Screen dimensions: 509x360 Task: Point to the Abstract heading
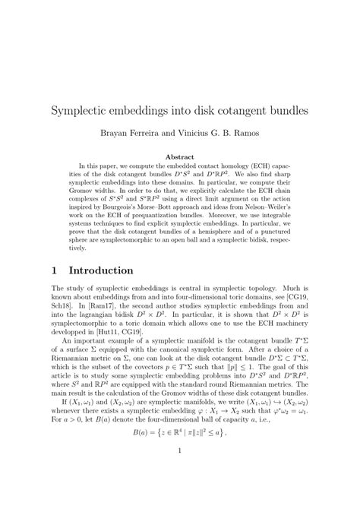[180, 157]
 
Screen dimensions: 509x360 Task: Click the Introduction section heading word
[101, 270]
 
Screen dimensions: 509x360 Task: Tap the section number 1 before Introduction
[55, 270]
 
